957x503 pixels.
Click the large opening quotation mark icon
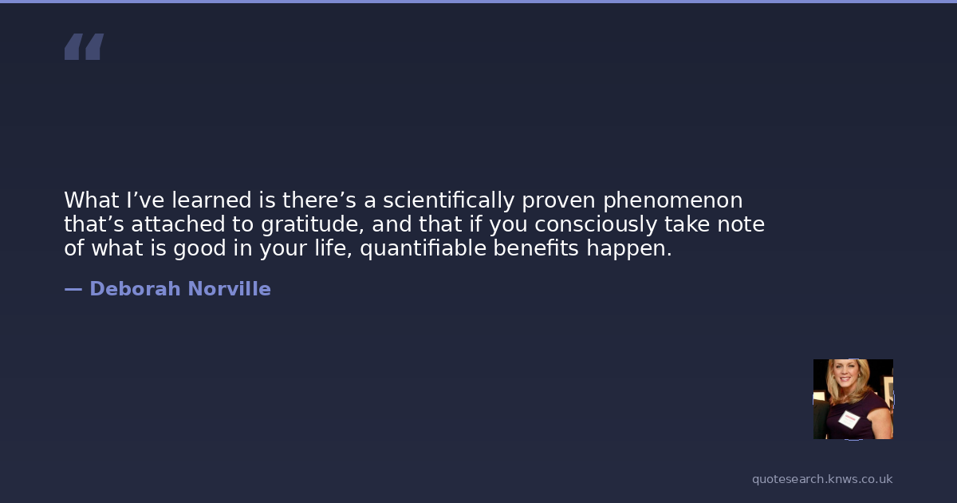85,46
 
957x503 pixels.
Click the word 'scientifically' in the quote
448,200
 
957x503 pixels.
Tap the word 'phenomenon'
673,201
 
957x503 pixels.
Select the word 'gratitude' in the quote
313,224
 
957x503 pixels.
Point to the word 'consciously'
596,224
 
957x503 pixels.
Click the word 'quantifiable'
423,248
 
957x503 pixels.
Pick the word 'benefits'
536,248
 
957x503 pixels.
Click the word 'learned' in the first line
211,200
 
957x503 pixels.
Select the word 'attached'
178,224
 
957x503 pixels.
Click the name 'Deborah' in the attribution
135,289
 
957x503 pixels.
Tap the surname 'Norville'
230,289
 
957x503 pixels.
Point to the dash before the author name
73,290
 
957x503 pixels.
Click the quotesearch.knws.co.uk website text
822,479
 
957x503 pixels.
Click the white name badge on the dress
849,420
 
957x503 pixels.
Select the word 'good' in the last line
199,249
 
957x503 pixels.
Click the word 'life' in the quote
333,248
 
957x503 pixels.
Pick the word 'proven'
558,201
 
